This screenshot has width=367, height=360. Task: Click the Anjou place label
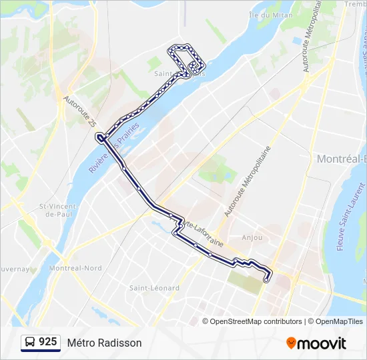pos(252,237)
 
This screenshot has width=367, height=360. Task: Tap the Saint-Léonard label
pos(154,288)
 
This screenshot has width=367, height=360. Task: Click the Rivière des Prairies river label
pos(113,149)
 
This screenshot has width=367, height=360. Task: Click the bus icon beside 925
pos(31,342)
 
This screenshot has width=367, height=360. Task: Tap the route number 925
pos(48,342)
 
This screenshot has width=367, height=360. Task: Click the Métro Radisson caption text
pos(104,343)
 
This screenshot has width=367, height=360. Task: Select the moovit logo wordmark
pos(322,343)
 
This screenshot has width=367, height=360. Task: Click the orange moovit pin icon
pos(291,343)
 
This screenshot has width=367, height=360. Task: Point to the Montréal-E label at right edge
pos(341,159)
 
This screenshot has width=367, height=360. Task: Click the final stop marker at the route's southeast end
pos(266,280)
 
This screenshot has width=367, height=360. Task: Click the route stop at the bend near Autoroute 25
pos(99,137)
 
